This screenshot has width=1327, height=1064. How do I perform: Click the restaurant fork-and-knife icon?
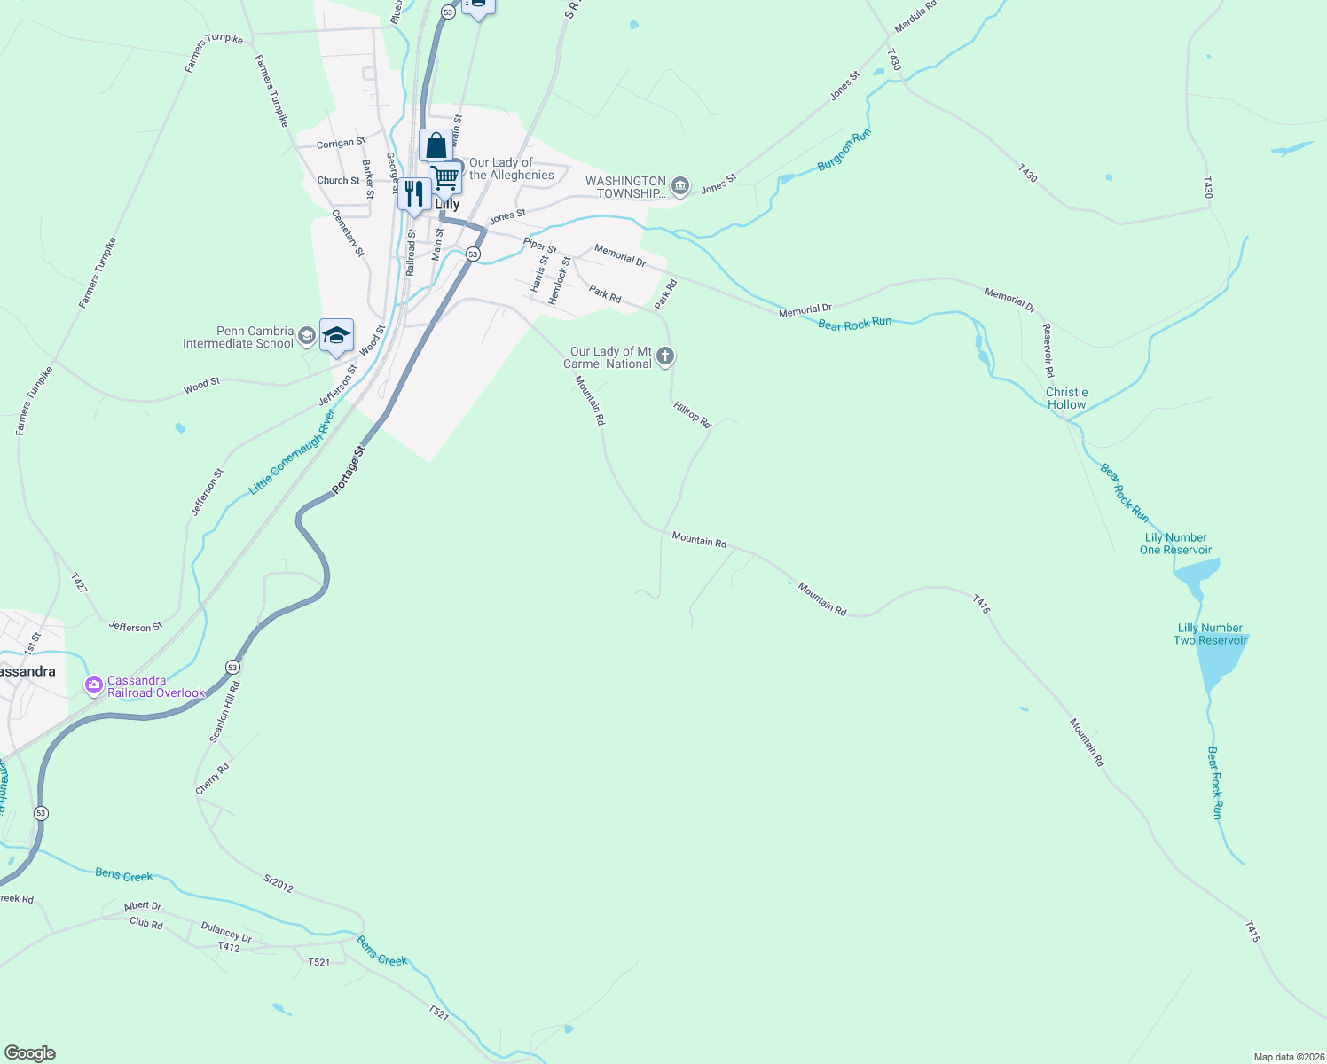pyautogui.click(x=414, y=193)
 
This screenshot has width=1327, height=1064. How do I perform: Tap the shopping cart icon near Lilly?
pyautogui.click(x=445, y=176)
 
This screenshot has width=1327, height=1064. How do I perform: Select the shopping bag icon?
pyautogui.click(x=436, y=145)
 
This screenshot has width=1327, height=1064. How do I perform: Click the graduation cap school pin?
pyautogui.click(x=336, y=335)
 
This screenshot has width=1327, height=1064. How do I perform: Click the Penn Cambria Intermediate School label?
pyautogui.click(x=238, y=337)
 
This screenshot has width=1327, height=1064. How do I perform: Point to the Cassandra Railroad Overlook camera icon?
pyautogui.click(x=93, y=685)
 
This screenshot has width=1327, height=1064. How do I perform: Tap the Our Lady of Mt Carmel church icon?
pyautogui.click(x=665, y=356)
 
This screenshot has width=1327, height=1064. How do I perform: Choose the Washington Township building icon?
pyautogui.click(x=680, y=185)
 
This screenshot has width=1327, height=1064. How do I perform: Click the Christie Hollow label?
pyautogui.click(x=1066, y=398)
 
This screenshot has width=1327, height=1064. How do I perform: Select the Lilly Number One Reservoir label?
pyautogui.click(x=1175, y=544)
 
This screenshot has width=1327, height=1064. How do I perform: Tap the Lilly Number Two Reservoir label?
pyautogui.click(x=1210, y=634)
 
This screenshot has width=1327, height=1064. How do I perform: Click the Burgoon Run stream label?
pyautogui.click(x=844, y=151)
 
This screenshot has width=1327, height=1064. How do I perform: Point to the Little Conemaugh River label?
pyautogui.click(x=292, y=451)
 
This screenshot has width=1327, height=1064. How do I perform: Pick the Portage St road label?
pyautogui.click(x=348, y=471)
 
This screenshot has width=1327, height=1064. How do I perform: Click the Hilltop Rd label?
pyautogui.click(x=692, y=415)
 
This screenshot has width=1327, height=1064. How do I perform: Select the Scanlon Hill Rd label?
pyautogui.click(x=224, y=712)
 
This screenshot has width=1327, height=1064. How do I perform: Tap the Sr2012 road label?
pyautogui.click(x=278, y=883)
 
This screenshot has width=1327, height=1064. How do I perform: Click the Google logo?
pyautogui.click(x=29, y=1053)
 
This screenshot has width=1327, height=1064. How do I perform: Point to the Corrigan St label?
pyautogui.click(x=341, y=144)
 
